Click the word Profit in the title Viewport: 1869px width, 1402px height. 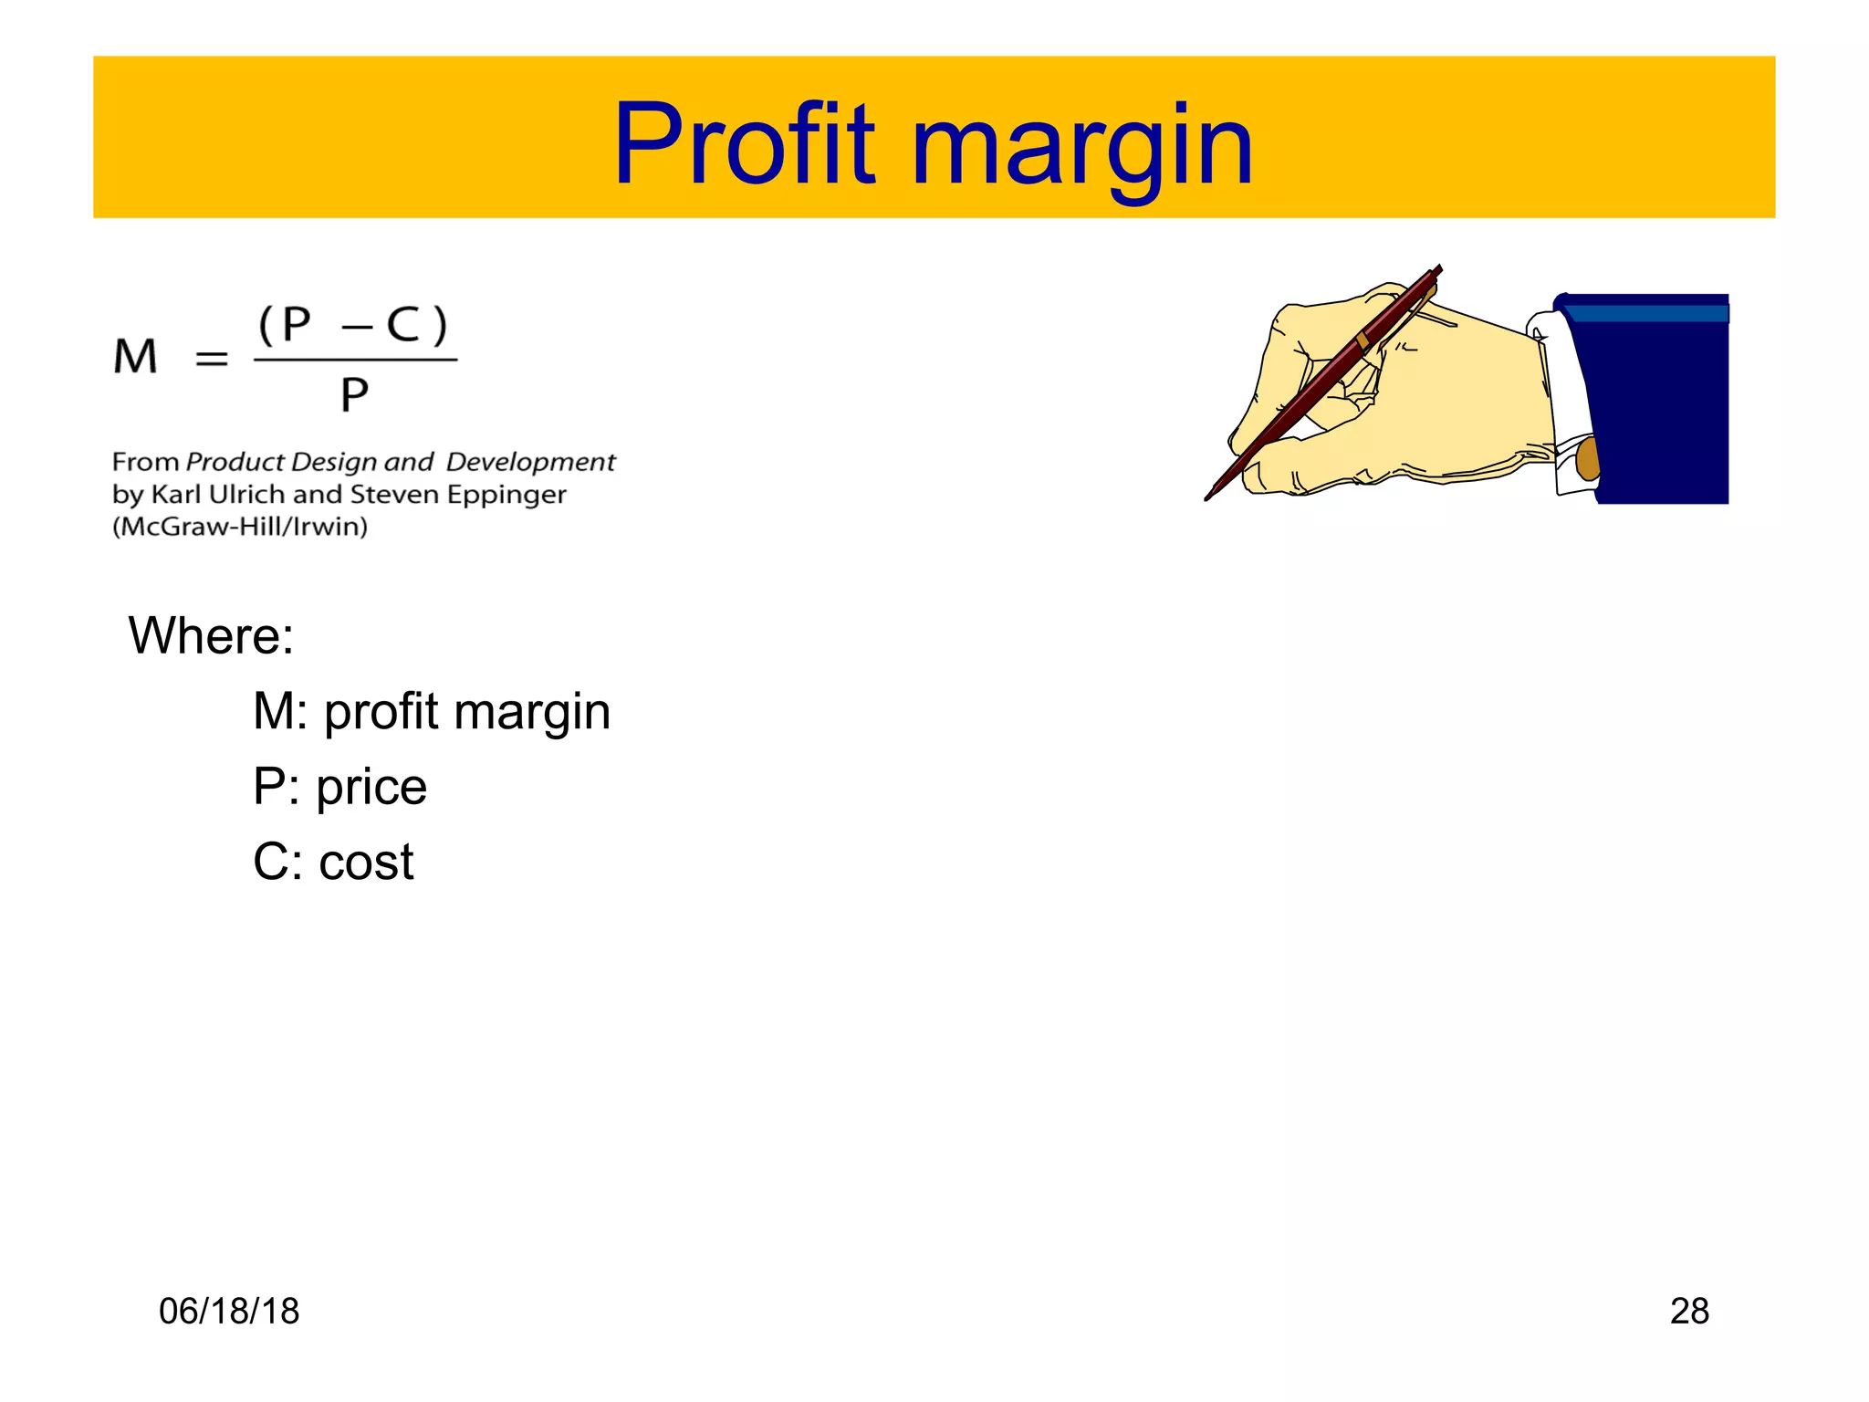click(x=744, y=146)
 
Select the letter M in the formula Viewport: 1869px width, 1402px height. click(x=135, y=356)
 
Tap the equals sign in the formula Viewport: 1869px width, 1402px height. click(x=212, y=359)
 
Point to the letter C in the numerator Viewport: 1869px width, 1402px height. click(x=402, y=325)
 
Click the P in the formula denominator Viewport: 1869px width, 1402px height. click(x=354, y=395)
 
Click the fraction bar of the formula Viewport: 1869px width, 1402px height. click(x=355, y=360)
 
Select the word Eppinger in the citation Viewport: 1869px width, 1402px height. click(x=506, y=495)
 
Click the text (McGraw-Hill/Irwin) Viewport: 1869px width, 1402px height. click(x=240, y=527)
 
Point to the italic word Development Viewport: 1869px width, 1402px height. click(x=530, y=462)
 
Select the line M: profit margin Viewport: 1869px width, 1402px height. click(x=431, y=711)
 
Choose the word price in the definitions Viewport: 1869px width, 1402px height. click(x=371, y=787)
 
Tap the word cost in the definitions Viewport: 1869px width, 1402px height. click(x=366, y=862)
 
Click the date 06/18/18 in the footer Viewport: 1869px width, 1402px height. click(x=229, y=1312)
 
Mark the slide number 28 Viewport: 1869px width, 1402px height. click(x=1689, y=1312)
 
